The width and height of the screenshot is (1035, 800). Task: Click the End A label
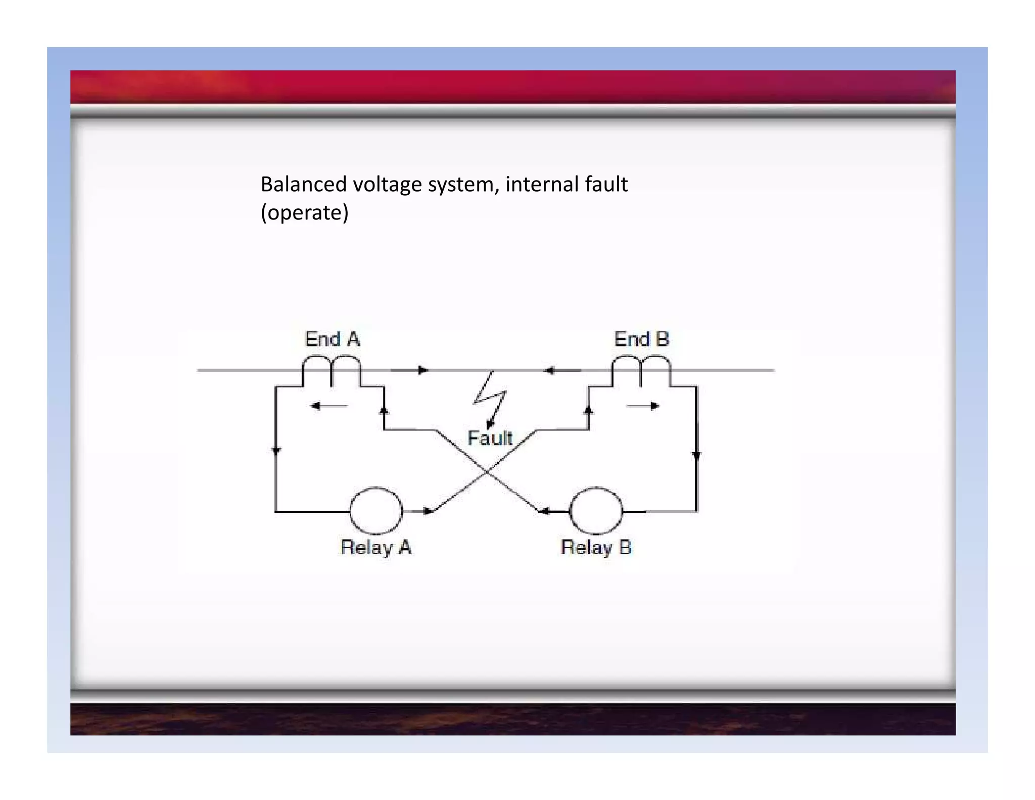pyautogui.click(x=332, y=339)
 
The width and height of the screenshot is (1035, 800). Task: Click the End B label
pyautogui.click(x=641, y=339)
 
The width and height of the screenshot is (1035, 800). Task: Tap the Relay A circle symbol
pyautogui.click(x=376, y=511)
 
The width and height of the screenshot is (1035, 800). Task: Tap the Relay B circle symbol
pyautogui.click(x=596, y=511)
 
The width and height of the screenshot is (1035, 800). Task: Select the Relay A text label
pyautogui.click(x=376, y=548)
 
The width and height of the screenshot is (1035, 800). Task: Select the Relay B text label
pyautogui.click(x=596, y=548)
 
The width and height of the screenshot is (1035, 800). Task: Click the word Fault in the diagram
pyautogui.click(x=490, y=438)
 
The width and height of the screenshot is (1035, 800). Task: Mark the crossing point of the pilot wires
pyautogui.click(x=486, y=471)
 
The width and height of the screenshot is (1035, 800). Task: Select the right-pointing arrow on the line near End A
pyautogui.click(x=410, y=370)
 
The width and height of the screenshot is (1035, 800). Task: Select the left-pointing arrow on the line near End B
pyautogui.click(x=561, y=371)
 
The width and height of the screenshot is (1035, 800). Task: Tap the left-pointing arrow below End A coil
pyautogui.click(x=328, y=406)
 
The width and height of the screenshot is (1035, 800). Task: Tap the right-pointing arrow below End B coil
pyautogui.click(x=643, y=406)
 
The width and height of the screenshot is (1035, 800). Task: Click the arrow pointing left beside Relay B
pyautogui.click(x=551, y=511)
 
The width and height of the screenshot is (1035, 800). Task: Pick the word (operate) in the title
pyautogui.click(x=304, y=212)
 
